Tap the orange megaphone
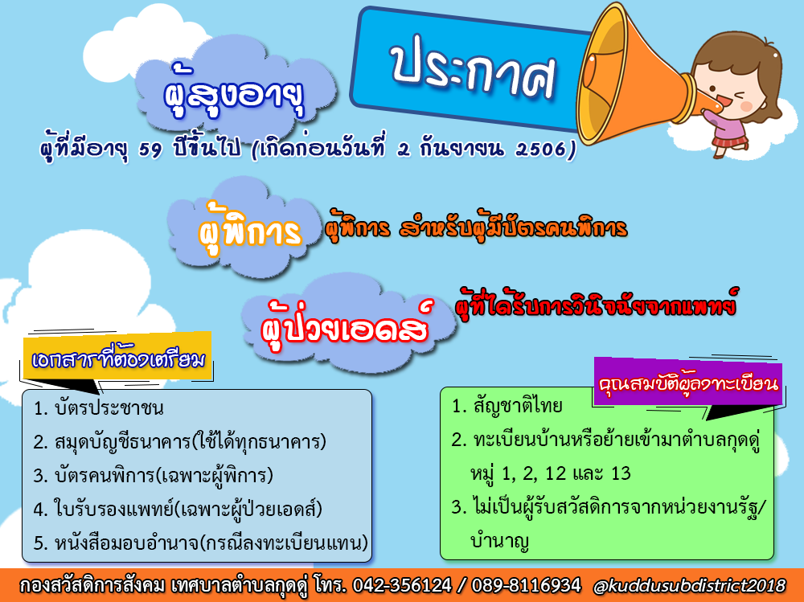point(636,75)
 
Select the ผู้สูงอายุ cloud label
point(235,95)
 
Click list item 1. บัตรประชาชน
point(98,408)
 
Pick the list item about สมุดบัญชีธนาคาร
point(179,442)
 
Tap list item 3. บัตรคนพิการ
point(153,476)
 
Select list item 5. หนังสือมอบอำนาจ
point(200,543)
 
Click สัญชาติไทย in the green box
point(518,406)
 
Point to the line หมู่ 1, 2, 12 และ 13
point(551,473)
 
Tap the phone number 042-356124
point(402,586)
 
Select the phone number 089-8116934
point(526,586)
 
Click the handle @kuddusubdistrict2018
point(689,586)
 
